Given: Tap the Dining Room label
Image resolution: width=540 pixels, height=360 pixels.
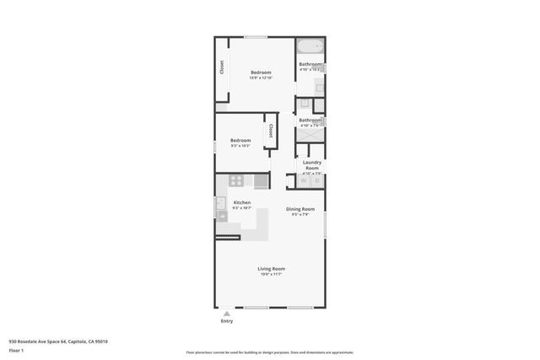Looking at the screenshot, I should coord(300,208).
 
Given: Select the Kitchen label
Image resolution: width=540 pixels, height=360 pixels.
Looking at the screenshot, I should coord(242,202).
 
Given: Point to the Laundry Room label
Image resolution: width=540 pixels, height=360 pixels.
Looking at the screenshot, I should coord(312,164).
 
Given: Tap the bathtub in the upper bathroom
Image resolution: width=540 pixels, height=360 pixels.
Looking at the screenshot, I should coord(310,47).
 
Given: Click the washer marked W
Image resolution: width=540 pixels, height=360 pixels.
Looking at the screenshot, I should coord(303,180).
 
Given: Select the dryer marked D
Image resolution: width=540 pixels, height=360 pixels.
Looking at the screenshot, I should coord(316,180).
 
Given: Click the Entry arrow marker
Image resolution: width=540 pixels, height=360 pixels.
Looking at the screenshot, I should coord(226,314).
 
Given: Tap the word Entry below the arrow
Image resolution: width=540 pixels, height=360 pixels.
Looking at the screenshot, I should coord(226,321).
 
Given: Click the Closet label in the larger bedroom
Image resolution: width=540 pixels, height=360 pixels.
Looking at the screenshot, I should coord(222,67).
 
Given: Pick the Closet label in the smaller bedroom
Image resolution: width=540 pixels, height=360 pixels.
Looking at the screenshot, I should coord(271,132).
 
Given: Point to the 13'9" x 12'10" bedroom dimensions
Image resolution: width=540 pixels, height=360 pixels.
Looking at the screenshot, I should coord(260,78).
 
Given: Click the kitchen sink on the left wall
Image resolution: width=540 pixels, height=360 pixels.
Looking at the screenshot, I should coord(222,215).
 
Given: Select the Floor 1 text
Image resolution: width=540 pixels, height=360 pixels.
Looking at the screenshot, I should coord(16,350).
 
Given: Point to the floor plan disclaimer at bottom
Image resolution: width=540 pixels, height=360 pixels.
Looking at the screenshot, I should coord(269,352).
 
